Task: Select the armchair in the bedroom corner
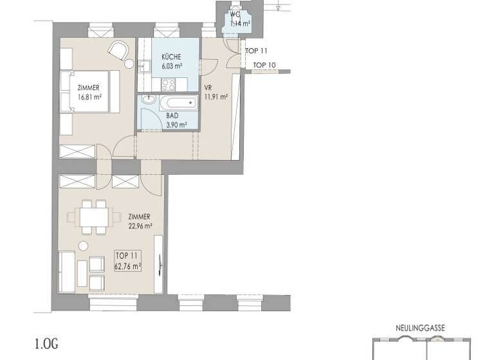[118, 49]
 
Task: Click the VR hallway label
[208, 89]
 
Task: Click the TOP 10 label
[264, 65]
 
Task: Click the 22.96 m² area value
[140, 226]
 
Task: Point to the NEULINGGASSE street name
[420, 328]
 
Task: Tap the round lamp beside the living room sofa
[82, 246]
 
